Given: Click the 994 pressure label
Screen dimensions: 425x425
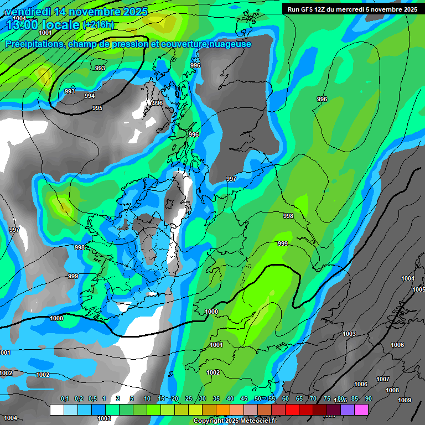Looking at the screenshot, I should (x=89, y=96).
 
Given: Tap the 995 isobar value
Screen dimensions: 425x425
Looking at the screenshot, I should (x=97, y=108).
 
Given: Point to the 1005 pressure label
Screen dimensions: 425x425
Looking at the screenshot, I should (x=418, y=289).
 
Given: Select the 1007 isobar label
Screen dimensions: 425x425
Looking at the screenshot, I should (x=383, y=379).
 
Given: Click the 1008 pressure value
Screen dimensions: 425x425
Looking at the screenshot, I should (x=392, y=390).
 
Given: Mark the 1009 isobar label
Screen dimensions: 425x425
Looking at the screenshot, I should (x=405, y=400).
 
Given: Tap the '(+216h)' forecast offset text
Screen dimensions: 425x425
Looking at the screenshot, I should (x=98, y=24).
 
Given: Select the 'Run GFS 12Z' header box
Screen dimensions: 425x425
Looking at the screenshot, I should (x=352, y=9).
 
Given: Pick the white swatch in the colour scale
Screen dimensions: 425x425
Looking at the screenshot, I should (x=56, y=410).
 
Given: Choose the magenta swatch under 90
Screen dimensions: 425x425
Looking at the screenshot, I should (x=361, y=410).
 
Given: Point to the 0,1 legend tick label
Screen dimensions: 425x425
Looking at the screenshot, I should (x=64, y=399).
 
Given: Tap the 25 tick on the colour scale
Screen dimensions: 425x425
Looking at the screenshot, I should (x=189, y=399).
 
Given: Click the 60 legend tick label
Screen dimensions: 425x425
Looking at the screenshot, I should (x=286, y=399).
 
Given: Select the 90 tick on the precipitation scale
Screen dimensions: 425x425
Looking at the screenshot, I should (x=368, y=399).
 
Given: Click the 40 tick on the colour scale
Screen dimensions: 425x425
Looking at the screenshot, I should (x=230, y=399).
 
